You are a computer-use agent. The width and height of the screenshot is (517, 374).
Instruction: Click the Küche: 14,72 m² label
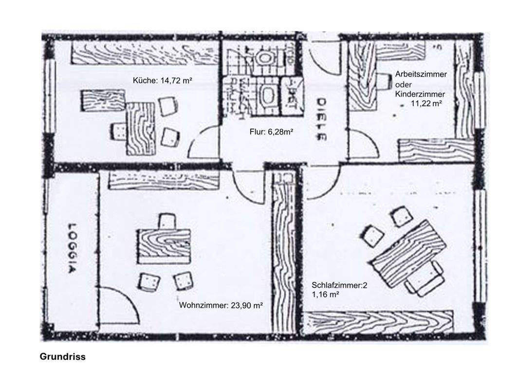click(163, 80)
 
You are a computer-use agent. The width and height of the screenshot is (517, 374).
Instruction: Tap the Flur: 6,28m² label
click(271, 131)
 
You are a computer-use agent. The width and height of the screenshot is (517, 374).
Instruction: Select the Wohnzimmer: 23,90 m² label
click(221, 305)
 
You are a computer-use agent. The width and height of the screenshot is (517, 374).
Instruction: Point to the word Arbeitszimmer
click(421, 74)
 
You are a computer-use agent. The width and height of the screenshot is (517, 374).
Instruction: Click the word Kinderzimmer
click(420, 93)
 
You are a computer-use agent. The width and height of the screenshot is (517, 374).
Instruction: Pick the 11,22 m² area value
click(426, 103)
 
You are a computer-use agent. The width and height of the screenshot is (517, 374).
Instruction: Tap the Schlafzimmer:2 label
click(339, 285)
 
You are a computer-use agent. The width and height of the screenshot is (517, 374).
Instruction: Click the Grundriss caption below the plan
click(62, 356)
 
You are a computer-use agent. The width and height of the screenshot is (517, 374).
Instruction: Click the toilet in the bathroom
click(265, 58)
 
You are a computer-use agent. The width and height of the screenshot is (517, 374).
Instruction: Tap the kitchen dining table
click(141, 128)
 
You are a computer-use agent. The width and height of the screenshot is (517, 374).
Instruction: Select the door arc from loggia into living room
click(119, 309)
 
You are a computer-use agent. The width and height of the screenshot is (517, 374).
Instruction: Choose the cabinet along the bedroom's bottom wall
click(378, 322)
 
